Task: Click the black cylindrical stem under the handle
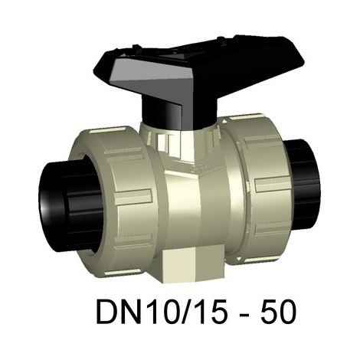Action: pyautogui.click(x=178, y=113)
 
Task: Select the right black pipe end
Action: pyautogui.click(x=304, y=182)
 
